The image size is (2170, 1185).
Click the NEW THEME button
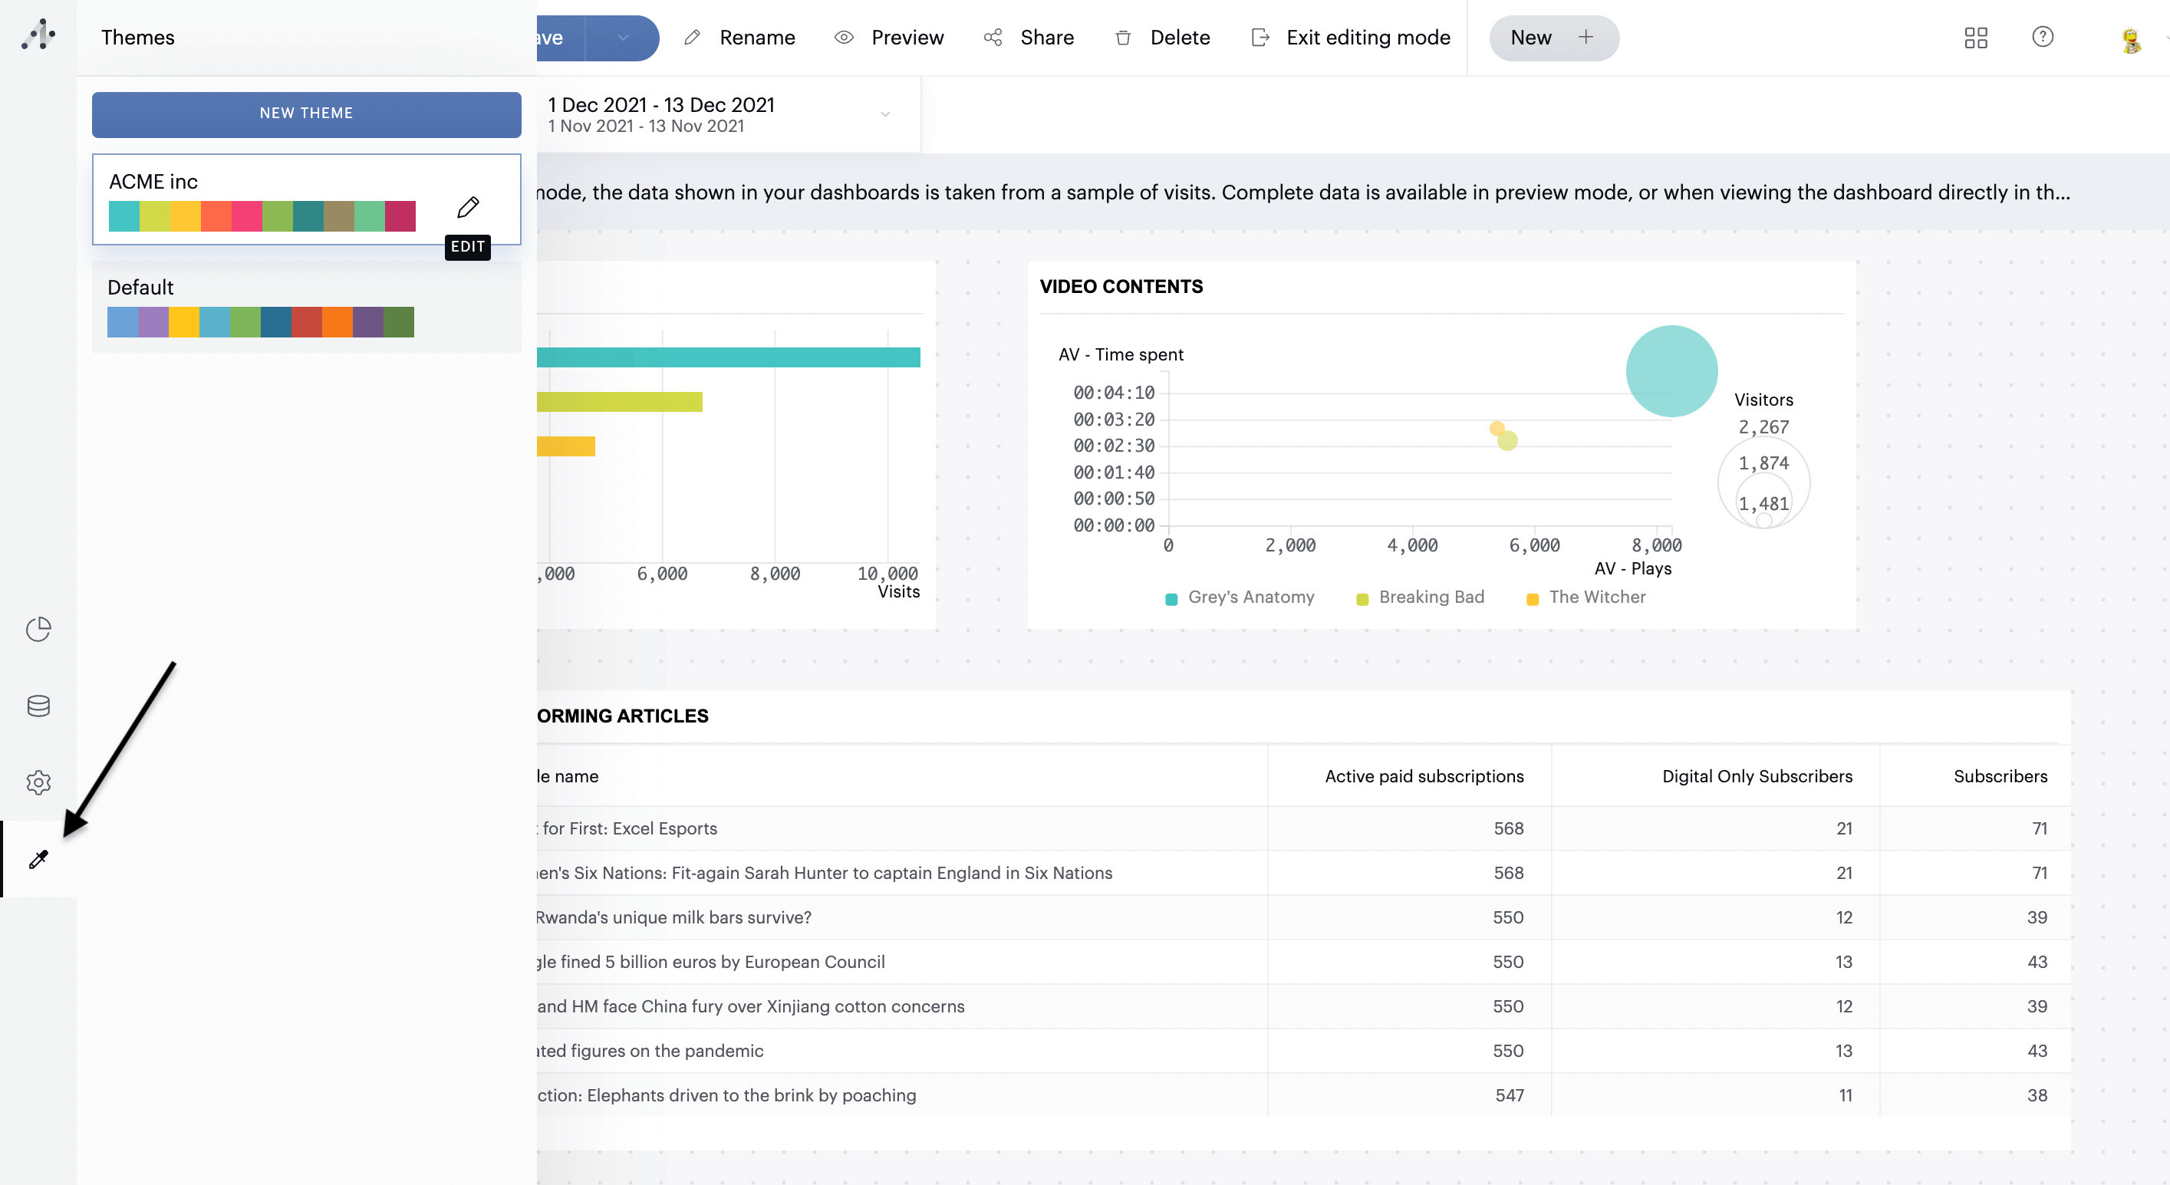(x=306, y=114)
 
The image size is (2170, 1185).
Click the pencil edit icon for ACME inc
(x=469, y=206)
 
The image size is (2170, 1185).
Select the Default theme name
(x=140, y=287)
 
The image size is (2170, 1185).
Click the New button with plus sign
(x=1553, y=38)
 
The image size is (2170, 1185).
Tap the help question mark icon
(x=2042, y=37)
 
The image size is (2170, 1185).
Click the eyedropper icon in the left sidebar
(x=38, y=859)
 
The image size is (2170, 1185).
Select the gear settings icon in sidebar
(x=38, y=782)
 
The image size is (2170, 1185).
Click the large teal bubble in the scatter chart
(x=1671, y=371)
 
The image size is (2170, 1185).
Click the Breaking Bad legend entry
(x=1430, y=597)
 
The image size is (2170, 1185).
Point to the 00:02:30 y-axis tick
(x=1113, y=446)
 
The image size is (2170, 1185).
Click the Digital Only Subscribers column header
(x=1757, y=776)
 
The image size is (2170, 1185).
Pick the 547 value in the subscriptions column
(x=1509, y=1095)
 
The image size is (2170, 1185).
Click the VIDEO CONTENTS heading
(x=1121, y=286)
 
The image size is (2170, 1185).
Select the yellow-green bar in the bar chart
(x=619, y=402)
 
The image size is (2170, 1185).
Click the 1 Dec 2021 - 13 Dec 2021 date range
(x=660, y=105)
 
